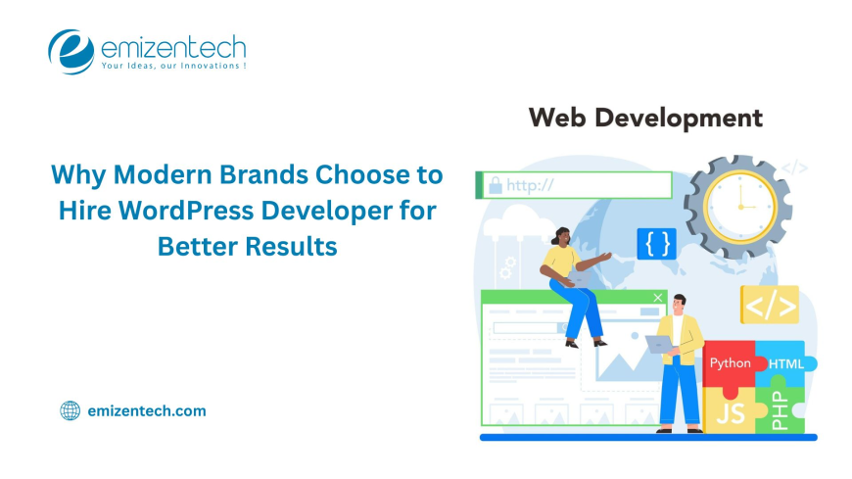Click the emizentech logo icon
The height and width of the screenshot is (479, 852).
tap(71, 51)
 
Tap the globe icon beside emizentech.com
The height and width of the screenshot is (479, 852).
tap(70, 410)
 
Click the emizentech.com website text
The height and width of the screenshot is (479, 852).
tap(147, 410)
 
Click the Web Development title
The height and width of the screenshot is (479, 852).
tap(644, 119)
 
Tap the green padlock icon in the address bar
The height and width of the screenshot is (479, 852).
tap(494, 184)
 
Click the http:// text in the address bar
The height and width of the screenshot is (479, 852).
tap(530, 184)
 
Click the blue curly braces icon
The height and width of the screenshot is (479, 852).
tap(656, 243)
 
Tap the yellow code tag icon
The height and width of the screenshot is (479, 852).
tap(769, 305)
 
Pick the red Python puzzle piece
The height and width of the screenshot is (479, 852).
tap(731, 363)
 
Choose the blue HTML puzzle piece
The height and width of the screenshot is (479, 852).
tap(784, 363)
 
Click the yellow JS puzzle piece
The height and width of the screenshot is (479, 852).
tap(730, 410)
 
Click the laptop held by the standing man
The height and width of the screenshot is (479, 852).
tap(658, 344)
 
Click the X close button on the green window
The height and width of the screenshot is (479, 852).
tap(657, 298)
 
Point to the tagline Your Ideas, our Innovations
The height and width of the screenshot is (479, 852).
tap(172, 67)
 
